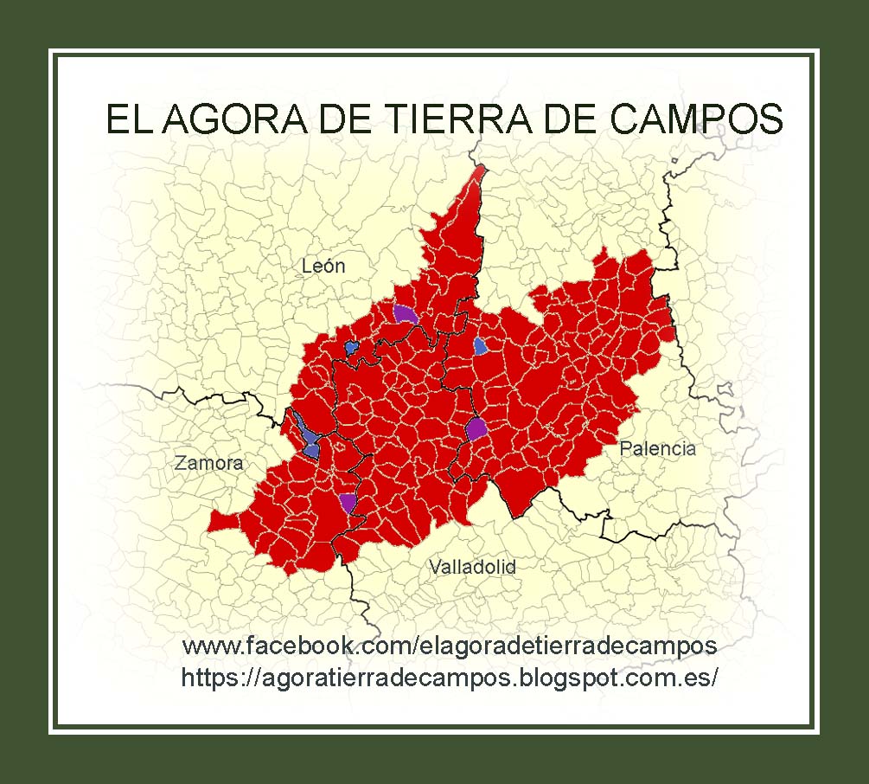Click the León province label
323,266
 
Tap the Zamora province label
208,463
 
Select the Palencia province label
657,448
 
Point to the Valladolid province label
472,567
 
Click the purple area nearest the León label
405,314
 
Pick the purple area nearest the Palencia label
476,428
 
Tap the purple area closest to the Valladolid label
348,502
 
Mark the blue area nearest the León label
351,347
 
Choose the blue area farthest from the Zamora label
480,346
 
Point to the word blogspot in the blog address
567,678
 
